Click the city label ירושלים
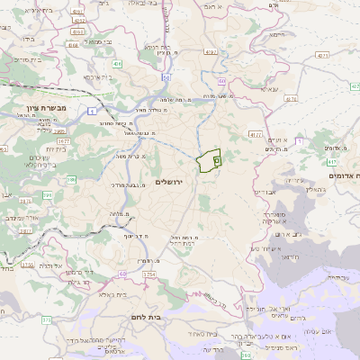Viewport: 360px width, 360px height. (x=168, y=182)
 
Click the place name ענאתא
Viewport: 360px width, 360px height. (x=269, y=90)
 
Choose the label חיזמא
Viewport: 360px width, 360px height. (x=278, y=37)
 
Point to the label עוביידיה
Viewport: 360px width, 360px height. (x=334, y=277)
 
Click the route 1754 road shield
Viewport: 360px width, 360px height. (x=149, y=273)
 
